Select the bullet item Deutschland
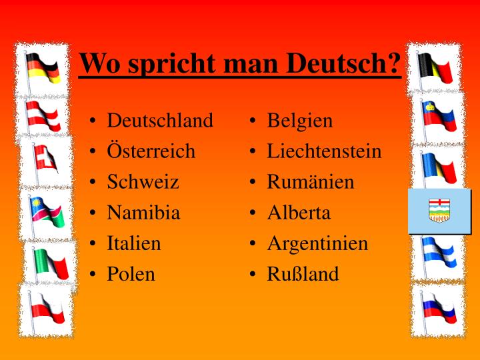(x=160, y=121)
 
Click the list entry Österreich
(x=151, y=151)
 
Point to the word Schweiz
(x=143, y=182)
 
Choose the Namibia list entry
(x=143, y=213)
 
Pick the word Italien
(x=134, y=243)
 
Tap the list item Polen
(x=131, y=274)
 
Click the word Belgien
(x=299, y=121)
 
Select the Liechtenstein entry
(x=324, y=151)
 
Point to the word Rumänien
(x=311, y=182)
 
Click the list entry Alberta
(x=299, y=213)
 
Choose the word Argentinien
(x=317, y=243)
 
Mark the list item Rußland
(x=303, y=274)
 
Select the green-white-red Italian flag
(x=51, y=264)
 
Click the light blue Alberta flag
(x=439, y=211)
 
